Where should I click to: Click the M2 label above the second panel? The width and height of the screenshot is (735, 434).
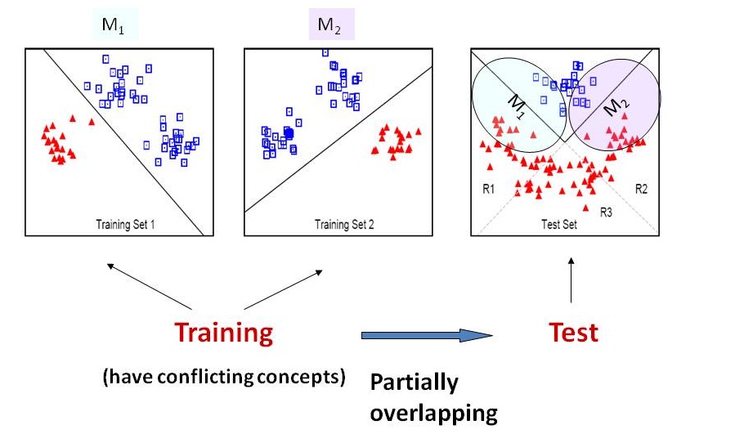click(331, 26)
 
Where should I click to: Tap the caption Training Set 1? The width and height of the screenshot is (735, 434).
click(125, 223)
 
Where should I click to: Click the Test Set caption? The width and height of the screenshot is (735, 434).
click(560, 223)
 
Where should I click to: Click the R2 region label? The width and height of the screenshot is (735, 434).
click(641, 189)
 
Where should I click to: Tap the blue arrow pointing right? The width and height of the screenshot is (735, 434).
click(425, 335)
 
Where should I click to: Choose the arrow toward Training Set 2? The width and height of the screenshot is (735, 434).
click(294, 289)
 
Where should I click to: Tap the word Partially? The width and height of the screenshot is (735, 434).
click(414, 383)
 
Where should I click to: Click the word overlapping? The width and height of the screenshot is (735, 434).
click(433, 412)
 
